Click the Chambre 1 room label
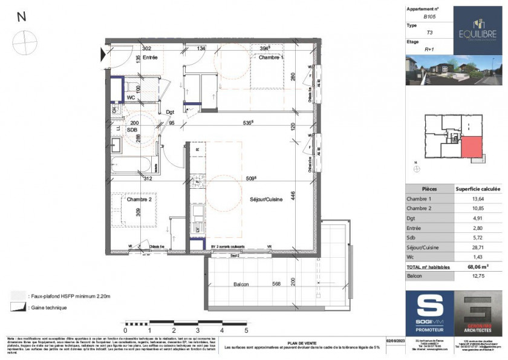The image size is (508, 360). (269, 57)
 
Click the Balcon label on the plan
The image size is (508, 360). (242, 284)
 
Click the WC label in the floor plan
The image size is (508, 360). (131, 97)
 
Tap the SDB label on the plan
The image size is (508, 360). (132, 129)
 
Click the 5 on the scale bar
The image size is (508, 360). (246, 330)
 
